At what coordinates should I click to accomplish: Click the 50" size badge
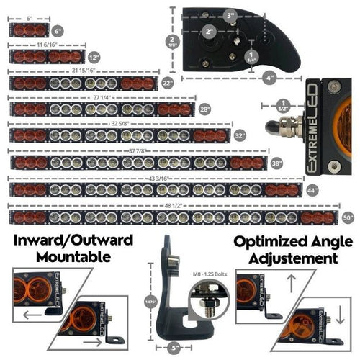pyautogui.click(x=348, y=216)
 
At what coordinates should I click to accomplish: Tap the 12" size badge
pyautogui.click(x=93, y=57)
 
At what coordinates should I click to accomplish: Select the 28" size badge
pyautogui.click(x=204, y=109)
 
